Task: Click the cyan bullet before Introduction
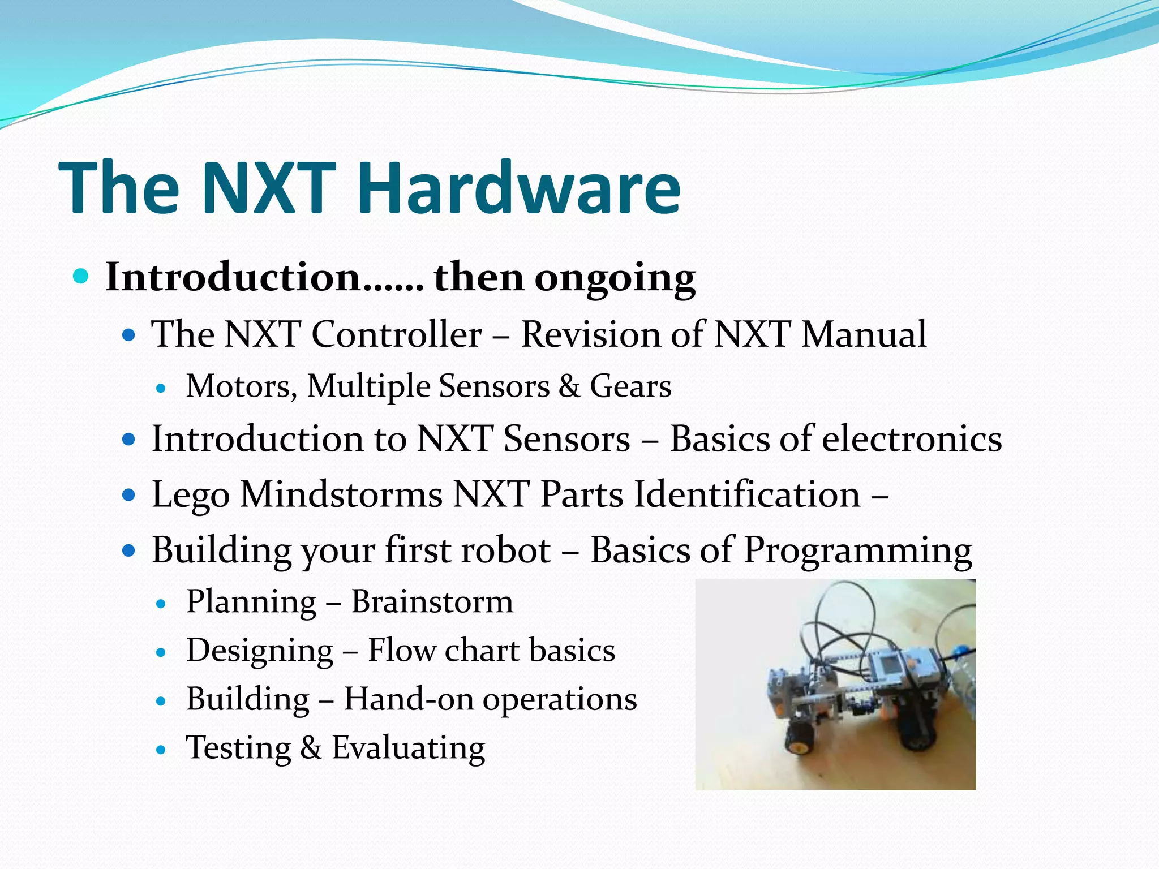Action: [81, 276]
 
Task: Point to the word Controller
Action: [396, 334]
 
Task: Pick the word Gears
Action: [630, 386]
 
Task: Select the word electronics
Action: [911, 439]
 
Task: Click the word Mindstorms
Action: [341, 494]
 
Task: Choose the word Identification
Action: [747, 494]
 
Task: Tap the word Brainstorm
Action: [432, 601]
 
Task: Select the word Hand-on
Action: [409, 699]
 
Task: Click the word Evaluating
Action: [408, 747]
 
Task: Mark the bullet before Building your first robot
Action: [130, 550]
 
